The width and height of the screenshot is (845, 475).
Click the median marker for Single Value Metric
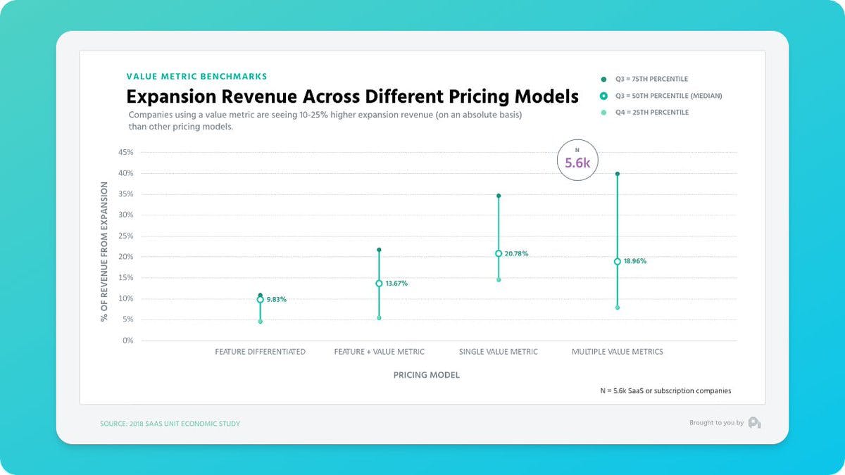(x=499, y=253)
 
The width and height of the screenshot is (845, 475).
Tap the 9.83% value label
(x=277, y=300)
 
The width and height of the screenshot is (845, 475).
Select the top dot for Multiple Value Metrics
(x=618, y=174)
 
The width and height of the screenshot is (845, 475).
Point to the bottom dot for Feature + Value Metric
(x=379, y=318)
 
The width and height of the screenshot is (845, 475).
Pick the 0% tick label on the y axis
(x=127, y=341)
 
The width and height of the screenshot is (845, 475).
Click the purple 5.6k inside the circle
(x=577, y=163)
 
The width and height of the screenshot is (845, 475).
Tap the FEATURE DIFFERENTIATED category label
(x=260, y=352)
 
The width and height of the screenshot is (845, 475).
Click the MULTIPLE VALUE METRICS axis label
(x=617, y=352)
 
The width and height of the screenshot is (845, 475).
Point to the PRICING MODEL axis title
(x=426, y=376)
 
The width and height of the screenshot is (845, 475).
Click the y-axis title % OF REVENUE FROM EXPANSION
(x=104, y=252)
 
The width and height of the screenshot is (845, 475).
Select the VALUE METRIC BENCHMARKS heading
(x=196, y=76)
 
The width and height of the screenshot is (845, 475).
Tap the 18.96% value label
(x=635, y=261)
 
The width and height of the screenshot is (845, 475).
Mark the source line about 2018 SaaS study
(x=170, y=424)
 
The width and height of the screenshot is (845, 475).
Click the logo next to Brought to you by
(x=754, y=422)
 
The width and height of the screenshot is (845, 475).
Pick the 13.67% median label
(x=396, y=284)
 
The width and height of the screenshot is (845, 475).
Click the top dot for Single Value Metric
(x=499, y=196)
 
